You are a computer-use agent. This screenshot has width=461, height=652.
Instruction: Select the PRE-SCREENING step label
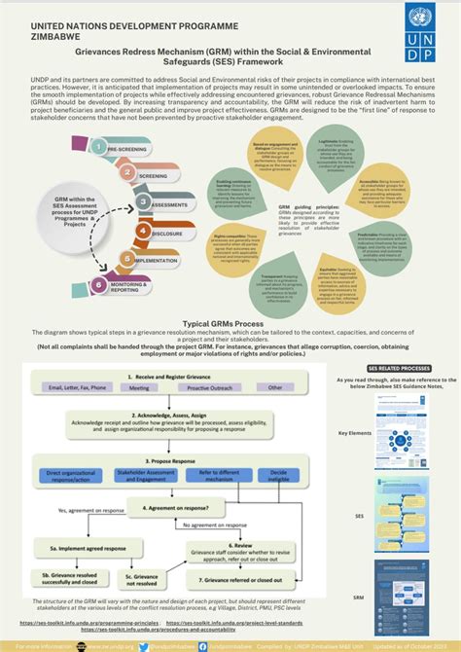pyautogui.click(x=126, y=149)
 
